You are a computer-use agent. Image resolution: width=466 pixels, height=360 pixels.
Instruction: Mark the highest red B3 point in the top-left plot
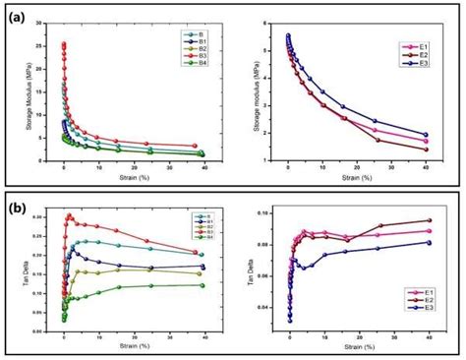tap(64, 43)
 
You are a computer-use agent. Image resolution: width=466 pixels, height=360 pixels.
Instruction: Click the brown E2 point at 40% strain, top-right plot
tap(426, 150)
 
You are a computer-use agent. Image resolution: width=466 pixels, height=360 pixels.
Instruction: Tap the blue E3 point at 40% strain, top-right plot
tap(426, 135)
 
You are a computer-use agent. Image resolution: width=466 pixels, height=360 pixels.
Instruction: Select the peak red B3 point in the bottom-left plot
tap(69, 215)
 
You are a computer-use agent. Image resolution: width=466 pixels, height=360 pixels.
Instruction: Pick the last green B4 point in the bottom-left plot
tap(202, 285)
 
